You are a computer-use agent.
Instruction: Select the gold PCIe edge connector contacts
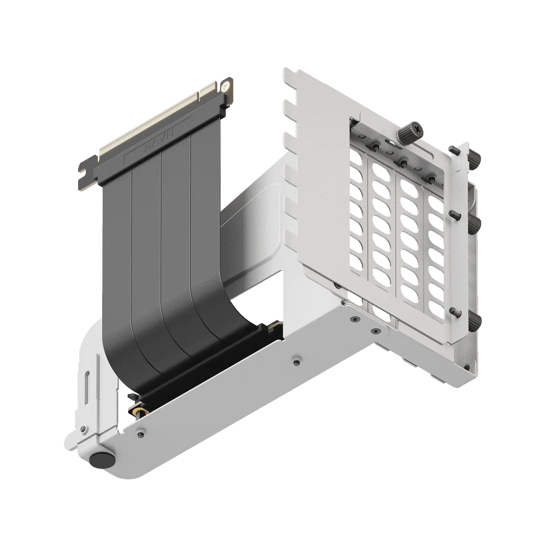tap(158, 115)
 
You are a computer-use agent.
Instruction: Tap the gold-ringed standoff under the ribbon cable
tap(140, 410)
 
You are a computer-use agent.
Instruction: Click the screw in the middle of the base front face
tap(295, 361)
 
